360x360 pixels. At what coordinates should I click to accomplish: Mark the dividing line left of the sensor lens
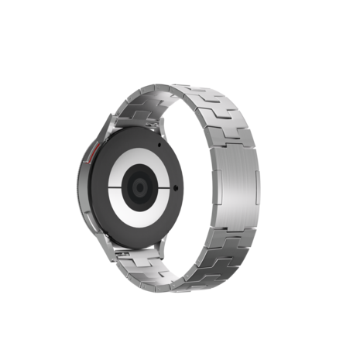(x=121, y=187)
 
